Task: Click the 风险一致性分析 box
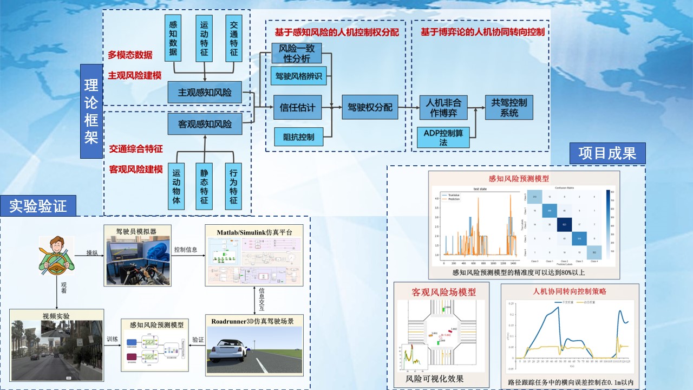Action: coord(296,54)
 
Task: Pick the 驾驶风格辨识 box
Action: coord(299,76)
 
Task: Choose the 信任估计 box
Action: coord(297,107)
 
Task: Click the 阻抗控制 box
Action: coord(298,136)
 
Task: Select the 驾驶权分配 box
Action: coord(369,107)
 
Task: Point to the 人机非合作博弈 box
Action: coord(443,107)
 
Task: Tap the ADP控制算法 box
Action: coord(443,137)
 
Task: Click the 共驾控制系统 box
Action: coord(508,107)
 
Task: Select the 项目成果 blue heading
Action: coord(607,153)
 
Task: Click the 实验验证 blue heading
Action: coord(38,206)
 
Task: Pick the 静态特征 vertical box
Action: coord(204,186)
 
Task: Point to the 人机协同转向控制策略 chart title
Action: coord(569,291)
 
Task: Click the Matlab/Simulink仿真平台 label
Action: coord(254,232)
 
